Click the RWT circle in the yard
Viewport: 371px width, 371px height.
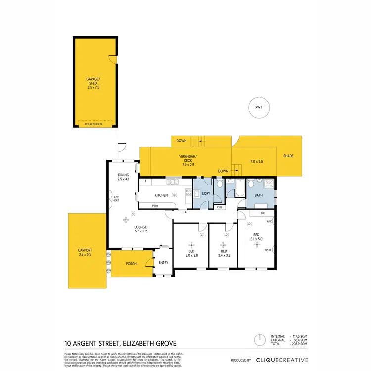point(259,108)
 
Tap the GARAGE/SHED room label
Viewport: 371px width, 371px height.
point(94,82)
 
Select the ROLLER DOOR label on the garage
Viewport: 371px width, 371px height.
point(94,124)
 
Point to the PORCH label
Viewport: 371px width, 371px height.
point(131,264)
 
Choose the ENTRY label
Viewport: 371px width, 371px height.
point(163,262)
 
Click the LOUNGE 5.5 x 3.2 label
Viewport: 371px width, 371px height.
point(140,229)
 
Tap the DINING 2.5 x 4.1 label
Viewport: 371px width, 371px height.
point(123,177)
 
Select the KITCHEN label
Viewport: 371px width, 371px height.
point(161,195)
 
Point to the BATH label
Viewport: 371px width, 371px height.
point(259,195)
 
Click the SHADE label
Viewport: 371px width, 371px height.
point(288,156)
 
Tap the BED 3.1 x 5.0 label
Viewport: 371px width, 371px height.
point(256,237)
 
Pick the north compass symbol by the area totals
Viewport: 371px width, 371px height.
point(258,340)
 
